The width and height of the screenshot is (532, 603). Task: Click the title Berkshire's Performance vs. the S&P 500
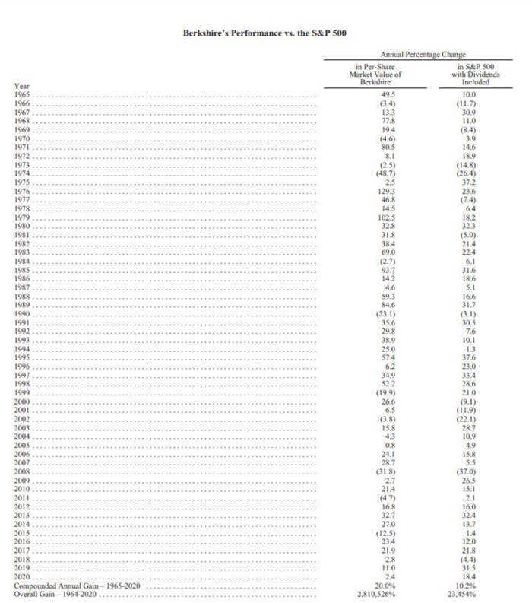[265, 35]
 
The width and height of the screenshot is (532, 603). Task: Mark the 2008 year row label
[24, 473]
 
